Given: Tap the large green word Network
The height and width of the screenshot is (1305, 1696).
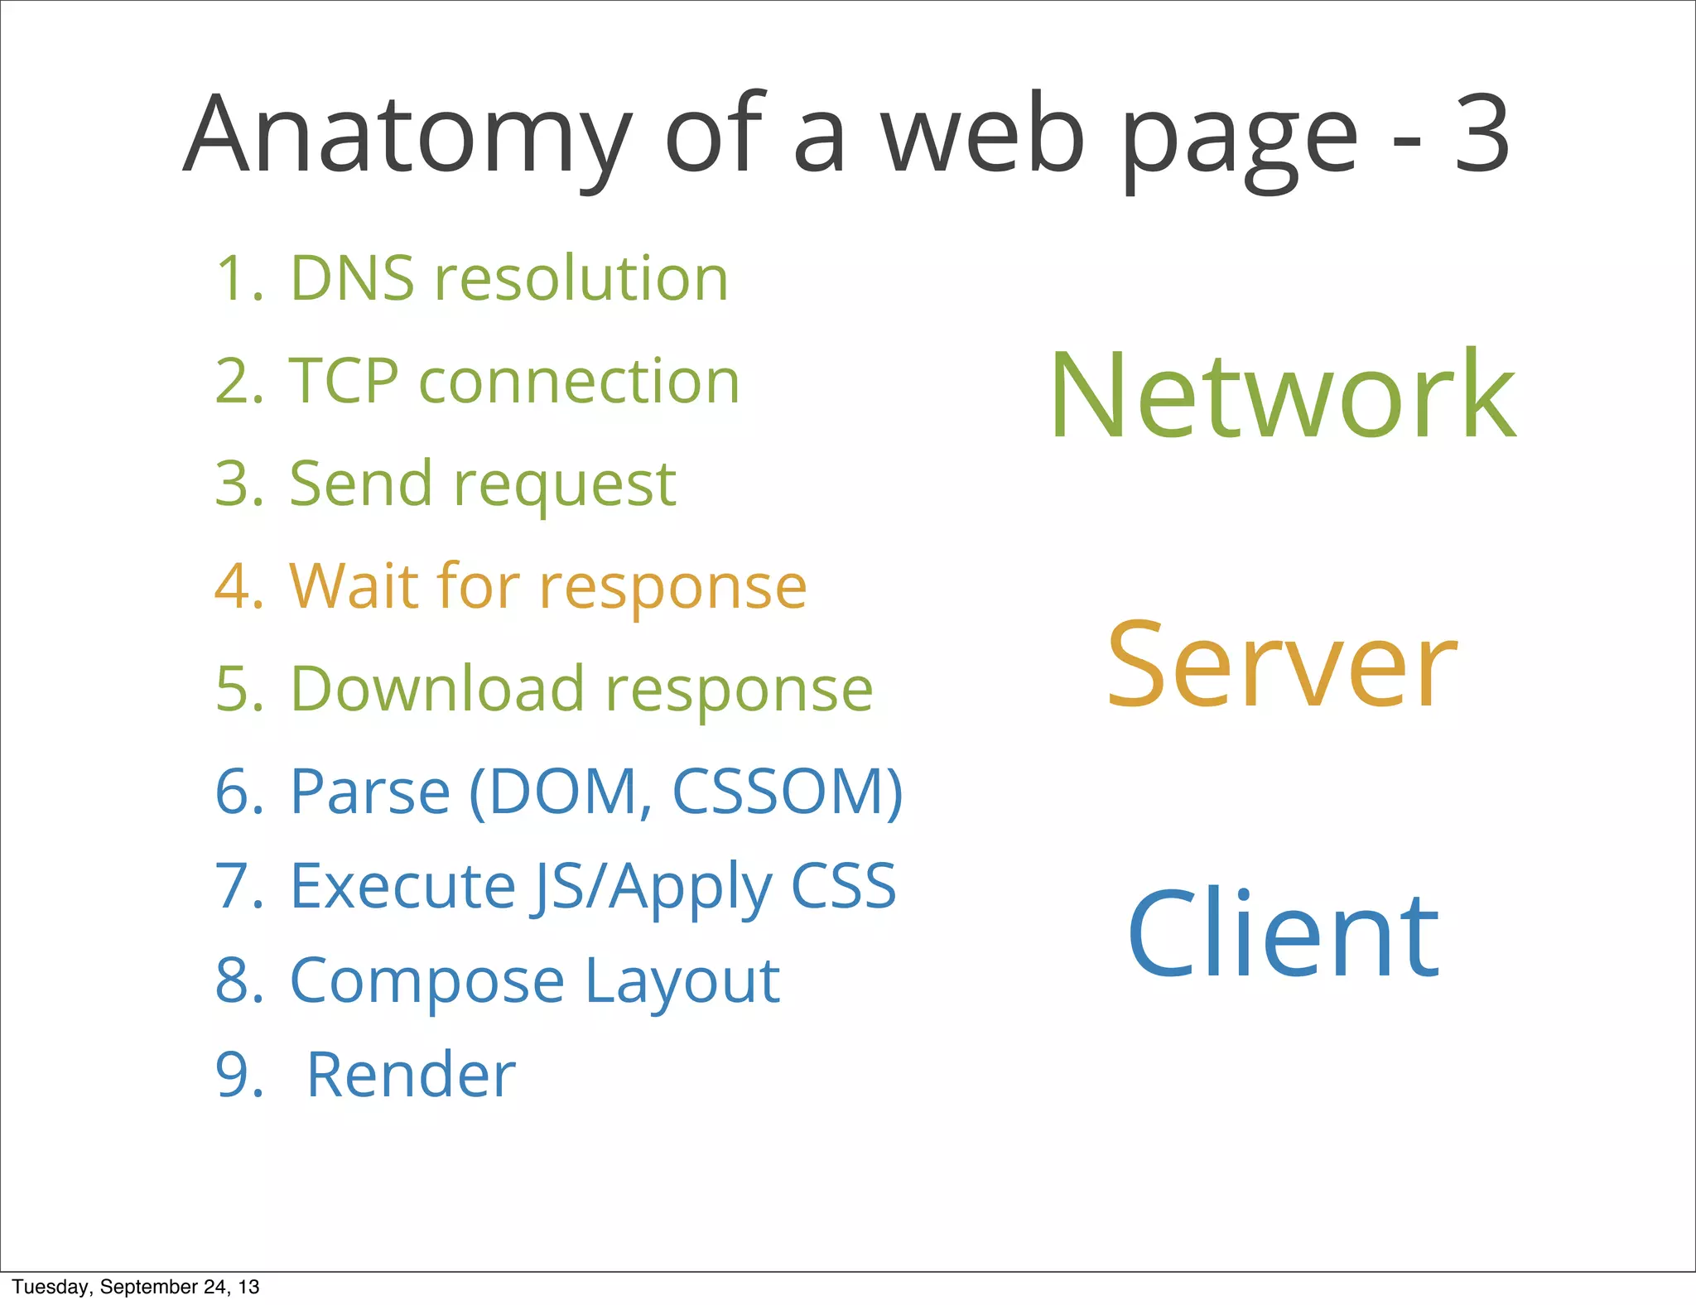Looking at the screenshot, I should coord(1283,396).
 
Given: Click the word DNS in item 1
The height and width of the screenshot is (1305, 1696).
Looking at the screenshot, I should coord(352,278).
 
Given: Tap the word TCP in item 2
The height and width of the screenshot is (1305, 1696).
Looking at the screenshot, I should coord(344,381).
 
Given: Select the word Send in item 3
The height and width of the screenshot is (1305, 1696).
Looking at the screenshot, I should coord(360,484).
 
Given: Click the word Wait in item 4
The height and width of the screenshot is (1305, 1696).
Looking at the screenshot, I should coord(354,586).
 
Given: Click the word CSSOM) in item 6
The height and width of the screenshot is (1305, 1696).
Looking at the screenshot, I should coord(787,792).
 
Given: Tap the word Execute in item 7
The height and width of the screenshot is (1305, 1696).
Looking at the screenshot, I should coord(402,886).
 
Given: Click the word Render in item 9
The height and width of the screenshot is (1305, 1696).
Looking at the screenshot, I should coord(411,1075).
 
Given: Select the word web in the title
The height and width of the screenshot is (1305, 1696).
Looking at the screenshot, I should coord(982,137).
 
